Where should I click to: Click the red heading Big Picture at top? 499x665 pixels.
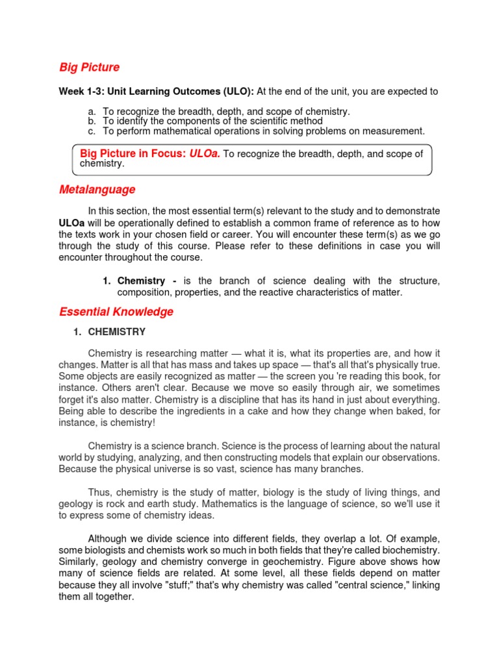coord(89,68)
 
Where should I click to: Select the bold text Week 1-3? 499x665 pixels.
coord(81,92)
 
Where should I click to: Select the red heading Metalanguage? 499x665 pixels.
coord(97,190)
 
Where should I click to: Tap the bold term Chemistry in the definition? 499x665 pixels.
coord(142,281)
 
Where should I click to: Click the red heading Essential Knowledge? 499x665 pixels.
coord(116,312)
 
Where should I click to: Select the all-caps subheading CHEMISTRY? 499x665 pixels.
coord(117,332)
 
